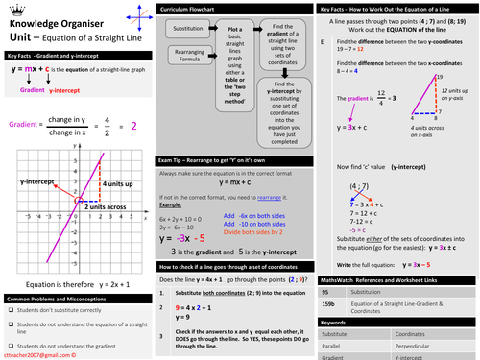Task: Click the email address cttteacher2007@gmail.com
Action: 37,352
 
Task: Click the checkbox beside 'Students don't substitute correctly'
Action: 9,311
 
